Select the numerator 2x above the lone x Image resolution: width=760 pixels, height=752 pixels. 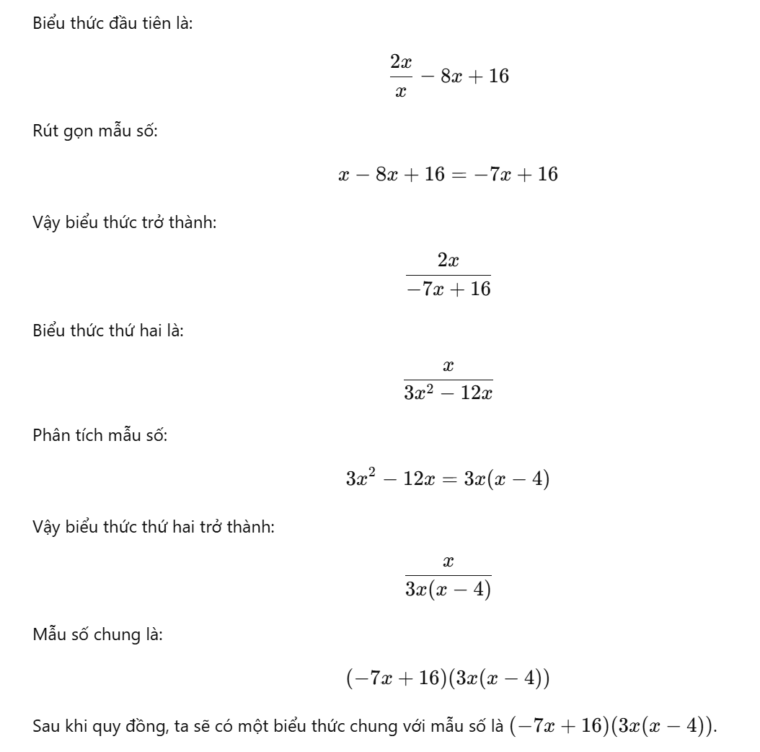pyautogui.click(x=401, y=63)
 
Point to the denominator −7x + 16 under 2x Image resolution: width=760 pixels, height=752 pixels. pyautogui.click(x=448, y=290)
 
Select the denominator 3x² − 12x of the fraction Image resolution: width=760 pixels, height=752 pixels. pyautogui.click(x=448, y=394)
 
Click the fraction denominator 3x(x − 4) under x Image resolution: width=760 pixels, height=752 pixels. pyautogui.click(x=448, y=590)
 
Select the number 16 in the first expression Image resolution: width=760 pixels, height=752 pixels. pyautogui.click(x=498, y=76)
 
